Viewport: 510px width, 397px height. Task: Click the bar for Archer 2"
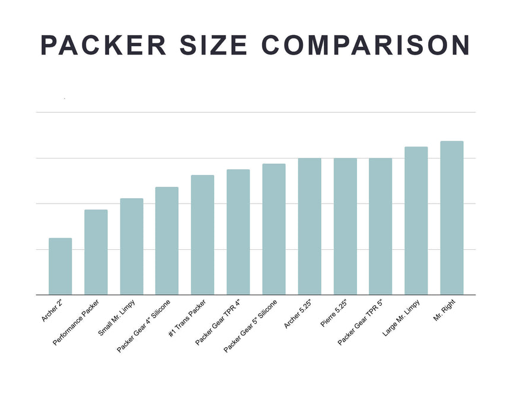coord(60,266)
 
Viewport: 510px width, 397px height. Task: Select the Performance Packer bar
coord(95,252)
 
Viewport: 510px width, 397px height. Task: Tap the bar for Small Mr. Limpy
coord(131,246)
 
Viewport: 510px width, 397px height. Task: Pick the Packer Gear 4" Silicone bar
coord(167,241)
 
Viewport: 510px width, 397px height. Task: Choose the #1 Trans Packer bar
coord(202,235)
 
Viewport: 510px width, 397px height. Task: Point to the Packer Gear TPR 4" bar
coord(238,232)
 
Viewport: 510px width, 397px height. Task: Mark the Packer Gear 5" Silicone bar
coord(273,229)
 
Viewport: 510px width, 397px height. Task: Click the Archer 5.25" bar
coord(309,226)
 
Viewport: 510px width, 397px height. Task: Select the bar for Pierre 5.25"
coord(345,226)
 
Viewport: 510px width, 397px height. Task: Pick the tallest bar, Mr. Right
coord(451,218)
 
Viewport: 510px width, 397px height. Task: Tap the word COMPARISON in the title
coord(365,46)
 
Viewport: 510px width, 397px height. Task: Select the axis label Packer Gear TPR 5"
coord(361,323)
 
